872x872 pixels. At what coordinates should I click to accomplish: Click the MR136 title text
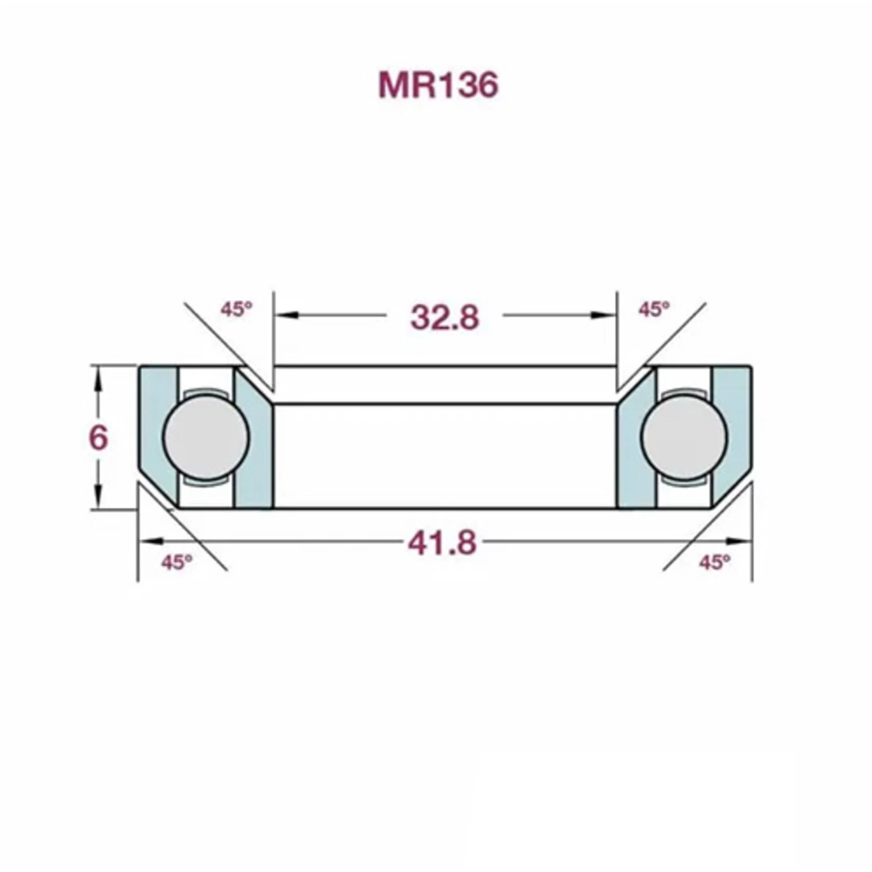(x=438, y=85)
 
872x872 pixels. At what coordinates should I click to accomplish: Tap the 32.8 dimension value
(x=445, y=318)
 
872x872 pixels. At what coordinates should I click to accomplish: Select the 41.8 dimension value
(x=442, y=543)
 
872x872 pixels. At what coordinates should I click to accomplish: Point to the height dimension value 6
(x=99, y=438)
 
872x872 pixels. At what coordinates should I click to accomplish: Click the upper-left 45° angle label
(x=236, y=309)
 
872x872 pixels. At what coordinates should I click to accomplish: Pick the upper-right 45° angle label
(x=654, y=309)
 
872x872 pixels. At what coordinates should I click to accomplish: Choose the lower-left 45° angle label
(x=177, y=563)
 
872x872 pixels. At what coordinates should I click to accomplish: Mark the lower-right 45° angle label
(x=715, y=563)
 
